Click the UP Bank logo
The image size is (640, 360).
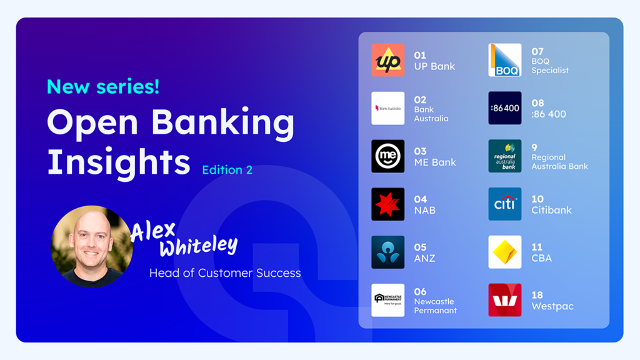point(387,60)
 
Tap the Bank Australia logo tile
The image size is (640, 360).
point(387,108)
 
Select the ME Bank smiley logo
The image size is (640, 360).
point(387,156)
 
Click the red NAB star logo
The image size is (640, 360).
point(387,204)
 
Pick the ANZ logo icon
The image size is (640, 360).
point(387,252)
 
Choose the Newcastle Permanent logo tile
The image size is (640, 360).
point(387,301)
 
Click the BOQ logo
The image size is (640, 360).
point(505,60)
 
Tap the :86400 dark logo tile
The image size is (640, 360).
point(505,108)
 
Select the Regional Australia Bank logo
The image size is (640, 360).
point(505,156)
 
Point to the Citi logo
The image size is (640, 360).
point(505,204)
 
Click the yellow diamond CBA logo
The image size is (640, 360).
point(505,252)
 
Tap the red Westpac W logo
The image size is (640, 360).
point(505,301)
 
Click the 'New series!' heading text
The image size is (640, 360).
point(103,86)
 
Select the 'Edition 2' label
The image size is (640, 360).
point(227,170)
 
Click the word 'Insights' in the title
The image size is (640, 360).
point(119,162)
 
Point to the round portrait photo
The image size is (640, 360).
point(91,246)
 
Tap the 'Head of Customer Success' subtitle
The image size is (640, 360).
point(225,273)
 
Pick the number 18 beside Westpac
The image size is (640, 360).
point(537,295)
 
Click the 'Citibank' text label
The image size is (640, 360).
point(551,210)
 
